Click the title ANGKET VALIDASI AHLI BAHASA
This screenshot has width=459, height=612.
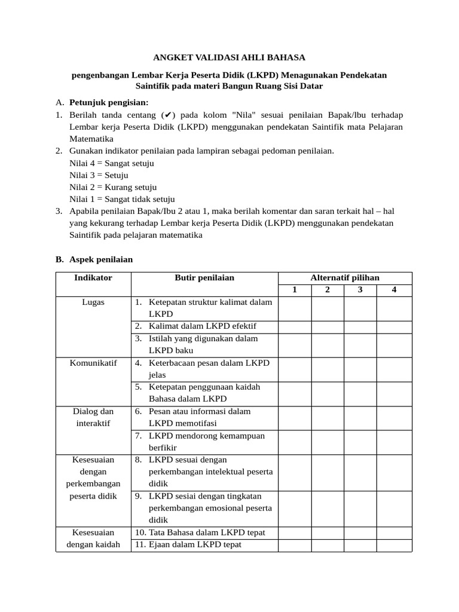click(x=229, y=57)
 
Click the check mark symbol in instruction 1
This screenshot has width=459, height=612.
click(x=168, y=115)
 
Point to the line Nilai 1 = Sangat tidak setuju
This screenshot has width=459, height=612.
click(x=122, y=199)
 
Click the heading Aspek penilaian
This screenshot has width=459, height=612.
click(x=101, y=259)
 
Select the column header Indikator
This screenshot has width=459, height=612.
click(x=93, y=278)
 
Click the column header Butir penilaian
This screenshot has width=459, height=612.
click(x=204, y=278)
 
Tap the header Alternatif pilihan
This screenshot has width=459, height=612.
click(x=345, y=278)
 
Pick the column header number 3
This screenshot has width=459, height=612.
click(x=360, y=290)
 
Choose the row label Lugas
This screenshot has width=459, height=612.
click(x=93, y=302)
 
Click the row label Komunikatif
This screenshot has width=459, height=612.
click(x=93, y=363)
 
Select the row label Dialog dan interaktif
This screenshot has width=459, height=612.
click(x=93, y=417)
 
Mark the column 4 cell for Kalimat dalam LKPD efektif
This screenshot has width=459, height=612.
click(x=394, y=326)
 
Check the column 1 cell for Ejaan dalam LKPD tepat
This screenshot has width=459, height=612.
click(x=295, y=545)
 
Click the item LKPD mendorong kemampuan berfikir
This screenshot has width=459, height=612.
click(x=206, y=442)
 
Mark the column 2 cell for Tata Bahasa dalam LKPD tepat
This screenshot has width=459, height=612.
click(x=328, y=533)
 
